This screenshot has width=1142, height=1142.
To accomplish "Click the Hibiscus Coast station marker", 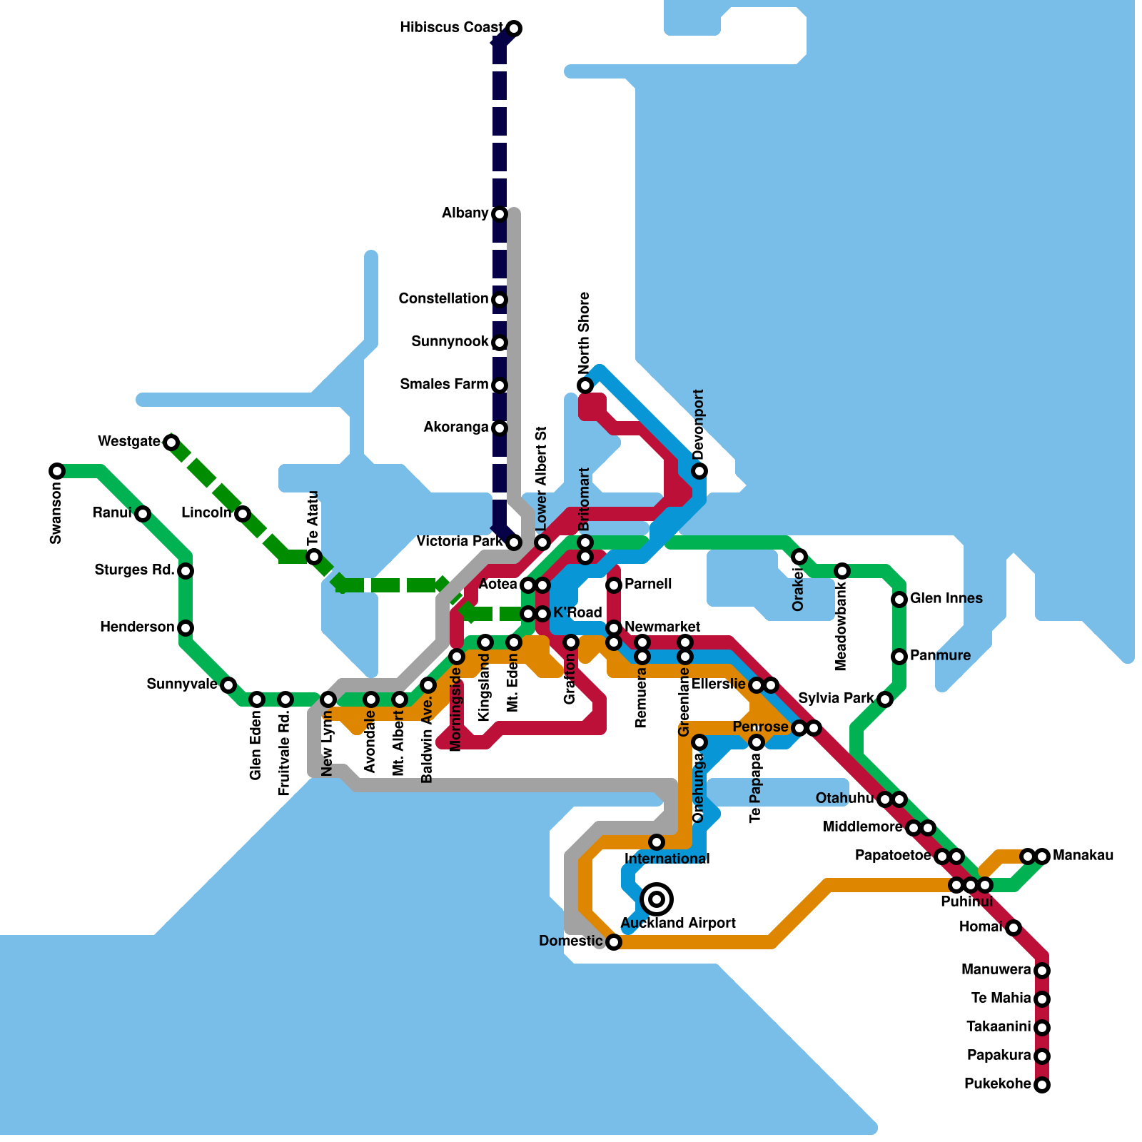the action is point(514,29).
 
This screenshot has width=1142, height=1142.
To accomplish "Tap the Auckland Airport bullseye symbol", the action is point(657,899).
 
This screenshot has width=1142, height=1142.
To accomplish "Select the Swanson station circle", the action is point(57,471).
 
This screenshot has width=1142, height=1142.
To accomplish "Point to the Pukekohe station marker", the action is point(1042,1085).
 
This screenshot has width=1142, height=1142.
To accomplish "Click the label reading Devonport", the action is point(698,424).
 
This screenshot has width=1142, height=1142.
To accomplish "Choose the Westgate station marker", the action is point(171,443).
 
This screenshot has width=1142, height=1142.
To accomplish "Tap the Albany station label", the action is point(465,213).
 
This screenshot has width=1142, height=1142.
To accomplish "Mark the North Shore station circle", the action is point(585,385).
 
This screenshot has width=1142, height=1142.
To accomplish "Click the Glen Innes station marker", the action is point(899,600).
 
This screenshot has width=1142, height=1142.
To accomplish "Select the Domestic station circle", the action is point(614,942).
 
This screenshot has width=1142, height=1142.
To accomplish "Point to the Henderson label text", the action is point(137,627).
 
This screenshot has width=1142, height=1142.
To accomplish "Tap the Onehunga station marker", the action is point(699,742).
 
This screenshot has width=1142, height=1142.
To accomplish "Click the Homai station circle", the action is point(1014,928).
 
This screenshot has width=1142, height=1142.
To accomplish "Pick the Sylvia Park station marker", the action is point(885,699).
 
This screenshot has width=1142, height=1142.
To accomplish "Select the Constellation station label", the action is point(443,298).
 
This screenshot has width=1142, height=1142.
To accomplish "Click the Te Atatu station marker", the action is point(314,557).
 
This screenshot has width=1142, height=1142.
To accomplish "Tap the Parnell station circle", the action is point(614,585).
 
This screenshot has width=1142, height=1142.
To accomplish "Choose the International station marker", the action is point(657,842).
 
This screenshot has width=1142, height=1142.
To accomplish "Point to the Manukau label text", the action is point(1083,855).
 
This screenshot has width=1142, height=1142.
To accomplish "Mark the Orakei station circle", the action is point(799,557).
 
